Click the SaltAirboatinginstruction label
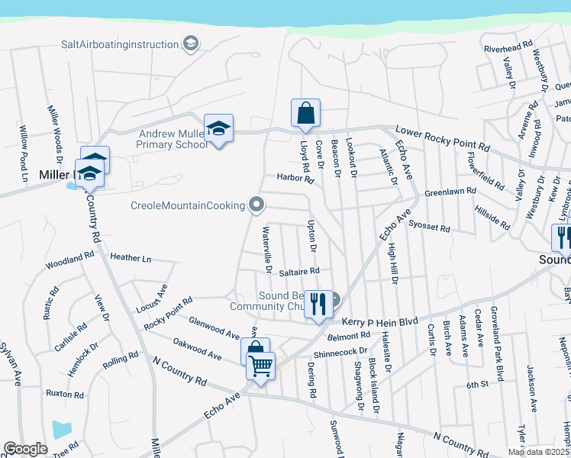pos(120,44)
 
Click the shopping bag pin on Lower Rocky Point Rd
pos(305,114)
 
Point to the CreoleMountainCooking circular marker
pos(257,205)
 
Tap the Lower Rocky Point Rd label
pos(442,137)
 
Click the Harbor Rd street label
pos(296,180)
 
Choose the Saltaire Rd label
pos(298,271)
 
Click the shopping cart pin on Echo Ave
pos(261,367)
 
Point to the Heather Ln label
pos(131,258)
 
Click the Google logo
pos(25,449)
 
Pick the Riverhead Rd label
pos(508,47)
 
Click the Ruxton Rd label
pos(64,394)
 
